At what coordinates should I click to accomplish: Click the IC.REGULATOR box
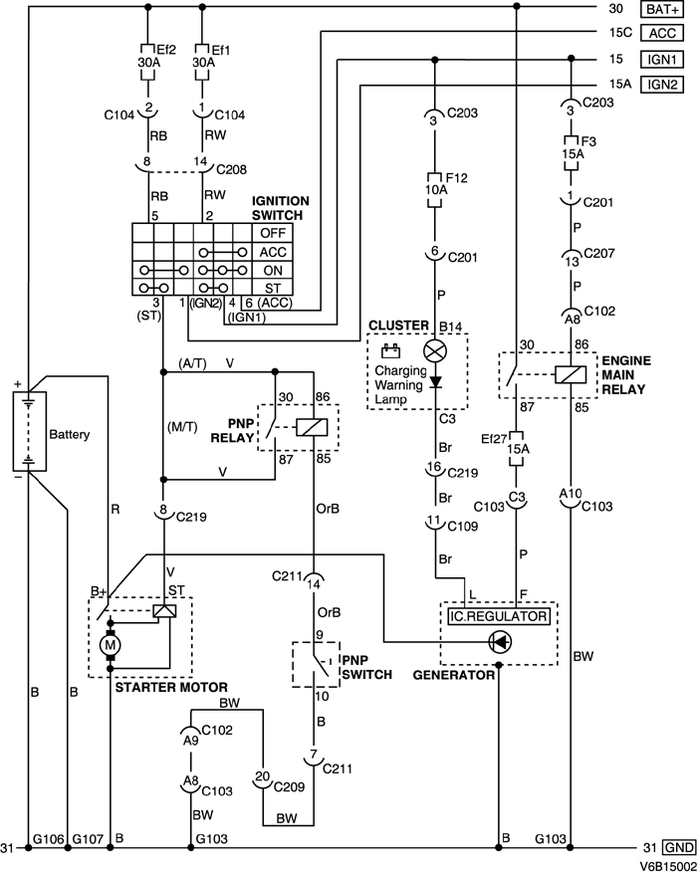click(x=498, y=616)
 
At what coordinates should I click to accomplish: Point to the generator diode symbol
click(x=499, y=643)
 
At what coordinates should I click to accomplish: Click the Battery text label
click(x=69, y=435)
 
